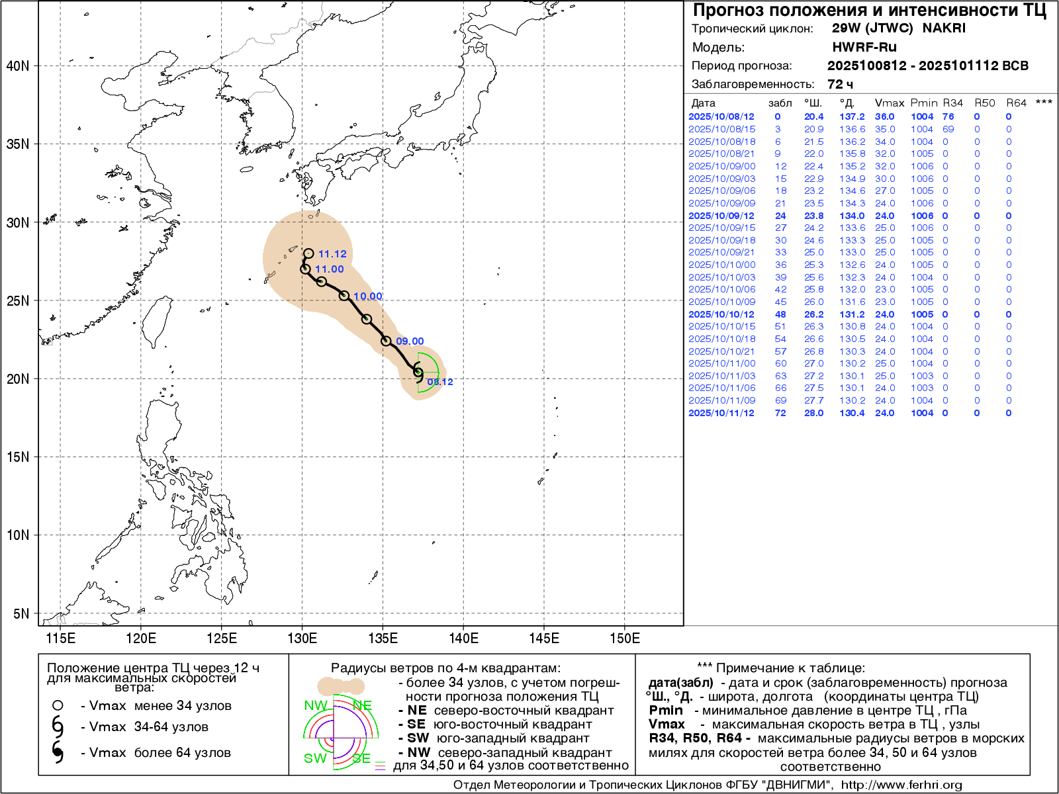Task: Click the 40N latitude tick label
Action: (x=18, y=66)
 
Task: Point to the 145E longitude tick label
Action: (x=544, y=638)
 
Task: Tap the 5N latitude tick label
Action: (x=21, y=613)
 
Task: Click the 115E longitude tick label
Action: (x=60, y=638)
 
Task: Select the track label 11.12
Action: (x=332, y=254)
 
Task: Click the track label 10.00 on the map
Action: (x=368, y=296)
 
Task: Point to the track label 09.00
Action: (x=410, y=341)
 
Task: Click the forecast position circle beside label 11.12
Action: (x=308, y=253)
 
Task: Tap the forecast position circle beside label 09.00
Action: (x=386, y=341)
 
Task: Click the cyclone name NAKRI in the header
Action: (x=944, y=28)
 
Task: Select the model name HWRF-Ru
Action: (x=864, y=47)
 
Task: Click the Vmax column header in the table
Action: (x=889, y=103)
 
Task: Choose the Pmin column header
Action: (x=923, y=103)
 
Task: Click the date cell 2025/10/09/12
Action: (x=721, y=216)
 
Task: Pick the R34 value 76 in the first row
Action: (x=948, y=116)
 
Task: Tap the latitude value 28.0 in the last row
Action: (x=813, y=413)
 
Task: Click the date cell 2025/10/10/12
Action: (x=721, y=314)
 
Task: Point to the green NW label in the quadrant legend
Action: (x=315, y=705)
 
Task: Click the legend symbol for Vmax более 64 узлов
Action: (x=58, y=752)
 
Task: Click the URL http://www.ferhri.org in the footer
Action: (x=901, y=785)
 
